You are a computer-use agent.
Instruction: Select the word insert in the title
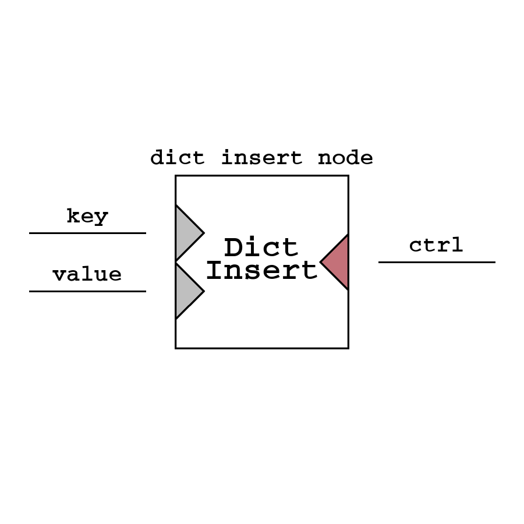click(x=261, y=158)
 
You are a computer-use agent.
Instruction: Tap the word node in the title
click(x=345, y=158)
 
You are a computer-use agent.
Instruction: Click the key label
click(x=87, y=217)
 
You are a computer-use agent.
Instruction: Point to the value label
click(x=87, y=274)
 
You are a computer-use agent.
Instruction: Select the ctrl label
click(x=436, y=245)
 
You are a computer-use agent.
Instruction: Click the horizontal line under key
click(x=87, y=233)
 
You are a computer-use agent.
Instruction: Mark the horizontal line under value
click(x=87, y=291)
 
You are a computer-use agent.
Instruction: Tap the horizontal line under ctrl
click(x=437, y=262)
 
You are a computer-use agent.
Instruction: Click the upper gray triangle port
click(x=186, y=233)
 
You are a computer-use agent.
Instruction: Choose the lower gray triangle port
click(x=186, y=291)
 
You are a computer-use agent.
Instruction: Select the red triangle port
click(x=338, y=262)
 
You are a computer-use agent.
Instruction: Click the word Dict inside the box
click(x=261, y=248)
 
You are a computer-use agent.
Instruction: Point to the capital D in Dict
click(x=233, y=248)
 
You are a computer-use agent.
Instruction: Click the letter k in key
click(x=73, y=216)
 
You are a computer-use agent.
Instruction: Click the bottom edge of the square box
click(x=262, y=348)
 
